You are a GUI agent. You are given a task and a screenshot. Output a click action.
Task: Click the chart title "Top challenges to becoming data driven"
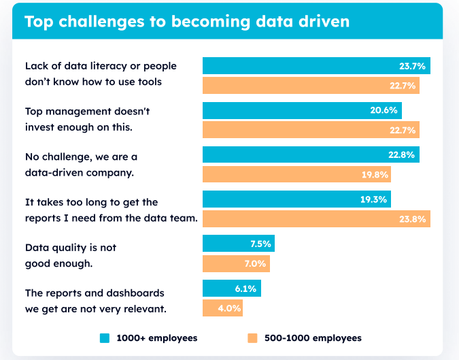[186, 21]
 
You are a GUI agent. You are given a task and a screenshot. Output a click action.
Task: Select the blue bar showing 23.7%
[316, 66]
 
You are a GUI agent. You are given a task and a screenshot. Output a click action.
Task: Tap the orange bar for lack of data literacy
[311, 85]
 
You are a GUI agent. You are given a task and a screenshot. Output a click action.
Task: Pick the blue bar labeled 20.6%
[302, 110]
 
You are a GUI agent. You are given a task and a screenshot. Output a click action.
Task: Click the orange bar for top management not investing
[311, 129]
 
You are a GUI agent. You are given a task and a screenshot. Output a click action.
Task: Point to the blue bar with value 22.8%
[311, 154]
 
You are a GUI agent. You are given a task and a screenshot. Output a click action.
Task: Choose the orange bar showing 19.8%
[296, 174]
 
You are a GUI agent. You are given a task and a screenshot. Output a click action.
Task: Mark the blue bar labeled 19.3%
[296, 199]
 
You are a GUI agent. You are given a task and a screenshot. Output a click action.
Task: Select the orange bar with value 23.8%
[316, 218]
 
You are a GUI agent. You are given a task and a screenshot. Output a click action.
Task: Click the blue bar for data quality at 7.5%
[238, 244]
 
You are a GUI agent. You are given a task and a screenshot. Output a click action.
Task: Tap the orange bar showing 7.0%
[236, 263]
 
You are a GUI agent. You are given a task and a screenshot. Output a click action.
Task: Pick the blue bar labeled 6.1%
[231, 289]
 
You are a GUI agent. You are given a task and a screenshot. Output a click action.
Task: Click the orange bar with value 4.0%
[222, 308]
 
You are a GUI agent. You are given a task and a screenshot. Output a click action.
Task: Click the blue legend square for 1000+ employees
[105, 338]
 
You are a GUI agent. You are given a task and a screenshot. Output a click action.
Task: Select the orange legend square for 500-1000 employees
[252, 338]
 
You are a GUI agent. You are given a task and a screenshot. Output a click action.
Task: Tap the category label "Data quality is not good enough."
[70, 255]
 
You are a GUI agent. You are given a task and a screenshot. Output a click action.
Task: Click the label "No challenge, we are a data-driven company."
[81, 165]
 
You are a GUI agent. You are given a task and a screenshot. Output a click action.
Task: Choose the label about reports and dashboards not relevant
[95, 300]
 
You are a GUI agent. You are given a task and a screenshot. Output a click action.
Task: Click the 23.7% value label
[412, 66]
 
